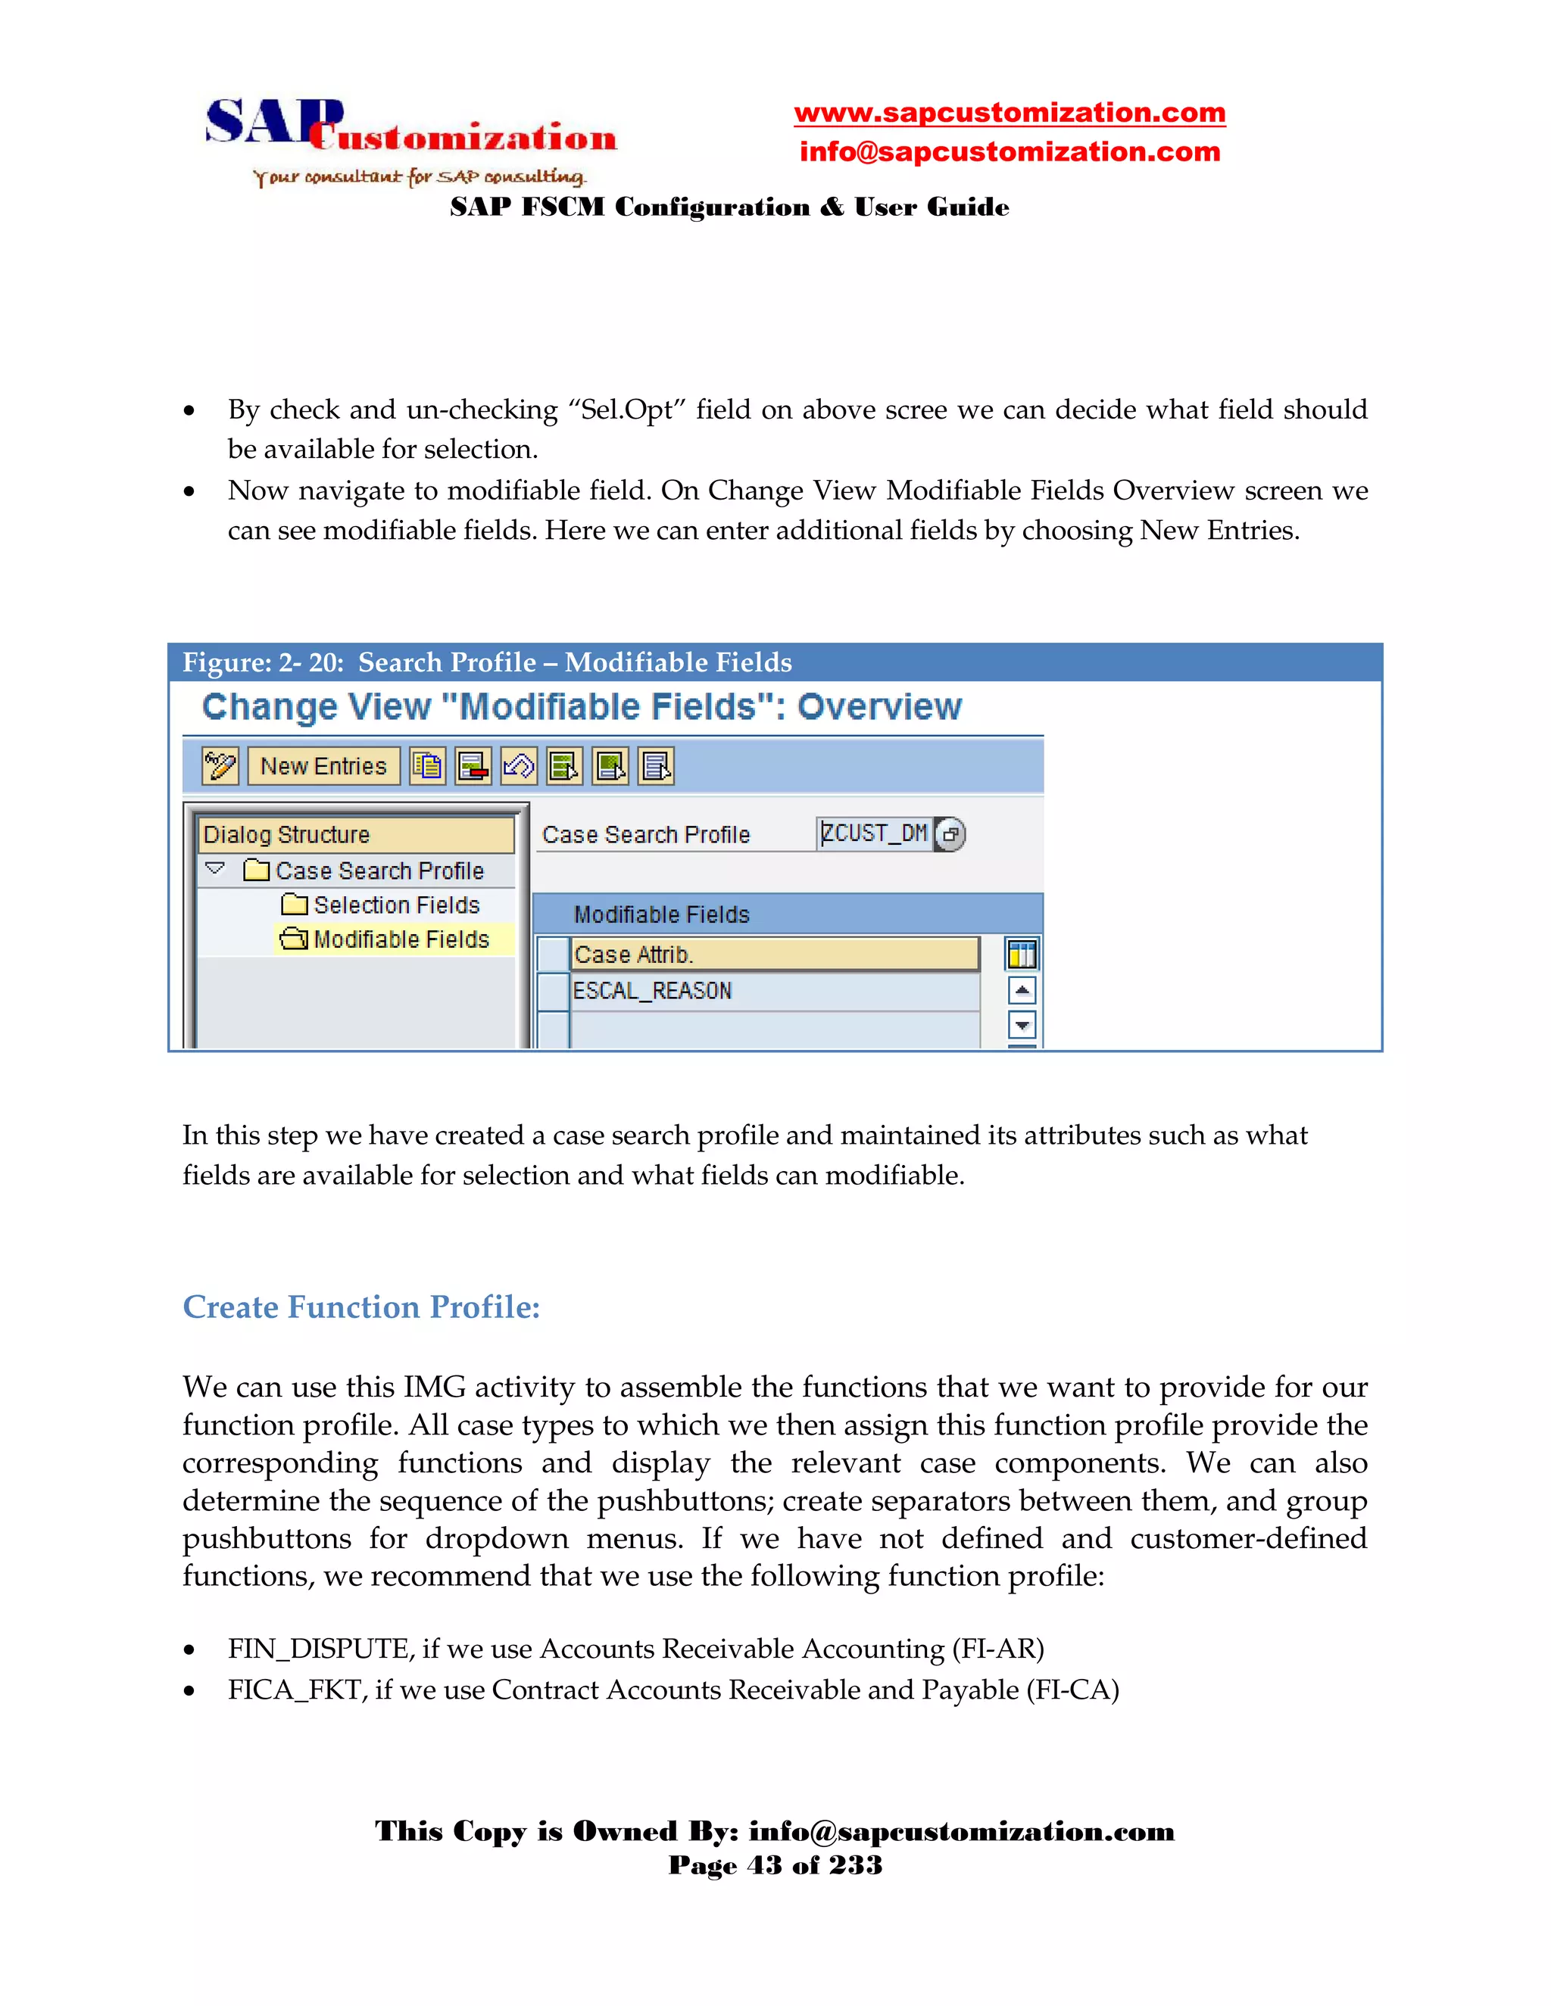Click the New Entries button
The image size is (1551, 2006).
coord(323,766)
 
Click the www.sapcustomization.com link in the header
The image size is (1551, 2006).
coord(1009,113)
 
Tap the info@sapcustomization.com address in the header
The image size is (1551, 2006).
coord(1009,151)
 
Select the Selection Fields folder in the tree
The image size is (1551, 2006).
coord(395,905)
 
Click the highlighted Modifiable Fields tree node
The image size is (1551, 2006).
coord(401,939)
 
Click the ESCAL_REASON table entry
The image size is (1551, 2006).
coord(652,991)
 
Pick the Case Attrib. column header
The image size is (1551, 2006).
coord(774,955)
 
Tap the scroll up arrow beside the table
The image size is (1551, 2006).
coord(1022,990)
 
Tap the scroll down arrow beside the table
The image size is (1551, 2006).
coord(1022,1024)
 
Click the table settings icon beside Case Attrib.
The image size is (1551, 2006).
coord(1022,955)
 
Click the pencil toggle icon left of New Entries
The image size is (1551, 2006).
coord(220,766)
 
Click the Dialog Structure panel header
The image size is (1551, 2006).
coord(354,834)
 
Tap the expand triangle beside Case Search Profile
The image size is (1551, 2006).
coord(215,869)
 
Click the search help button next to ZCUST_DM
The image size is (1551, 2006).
coord(951,834)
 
